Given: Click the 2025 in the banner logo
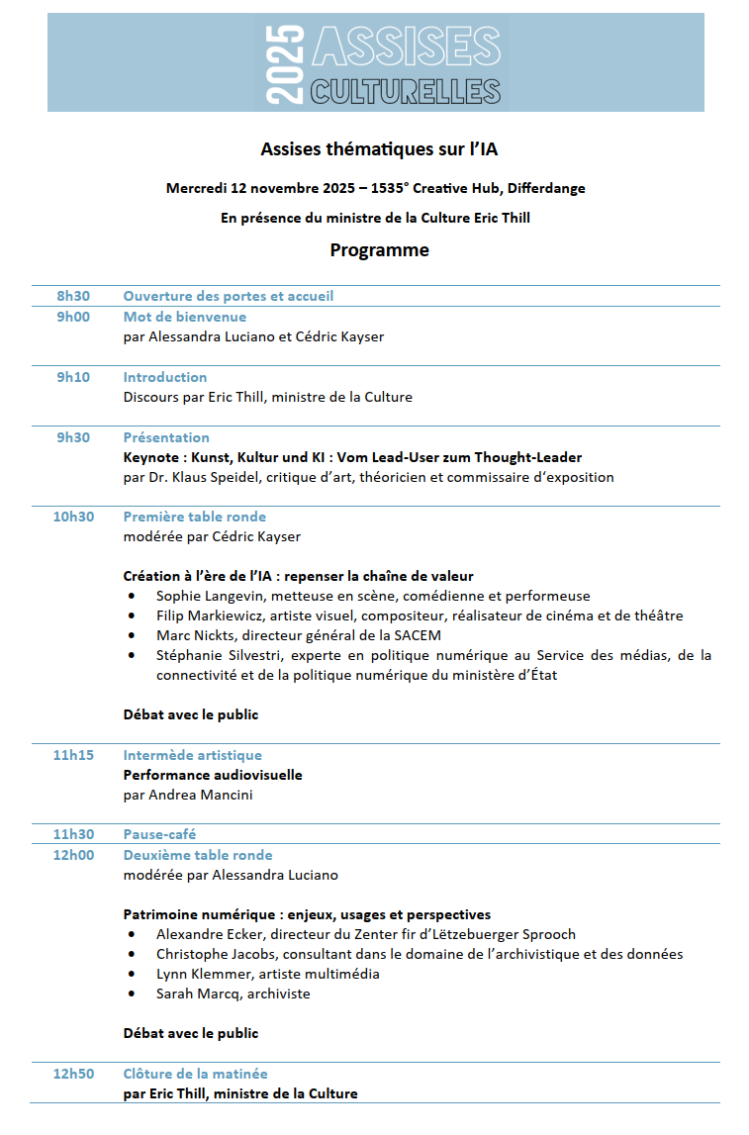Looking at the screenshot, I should pos(286,61).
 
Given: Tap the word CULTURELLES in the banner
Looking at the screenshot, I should pos(405,91).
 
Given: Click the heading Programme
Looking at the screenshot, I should pos(380,250).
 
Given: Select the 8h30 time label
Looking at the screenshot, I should pos(73,296).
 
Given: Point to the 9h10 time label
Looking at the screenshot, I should pos(73,377).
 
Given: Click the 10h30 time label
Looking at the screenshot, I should pos(73,517).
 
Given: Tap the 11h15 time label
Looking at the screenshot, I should pos(73,755).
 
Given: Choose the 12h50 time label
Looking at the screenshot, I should pos(73,1074).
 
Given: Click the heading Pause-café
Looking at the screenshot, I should pos(159,834).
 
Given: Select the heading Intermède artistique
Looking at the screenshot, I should pos(192,755).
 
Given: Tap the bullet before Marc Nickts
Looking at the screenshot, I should pos(133,635).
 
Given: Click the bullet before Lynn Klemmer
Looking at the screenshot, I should pos(133,974).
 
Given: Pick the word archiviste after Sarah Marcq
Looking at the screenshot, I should pos(279,993).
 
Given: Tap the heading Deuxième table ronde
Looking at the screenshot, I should pos(198,855).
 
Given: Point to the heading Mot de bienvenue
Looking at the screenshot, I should pos(185,317).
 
